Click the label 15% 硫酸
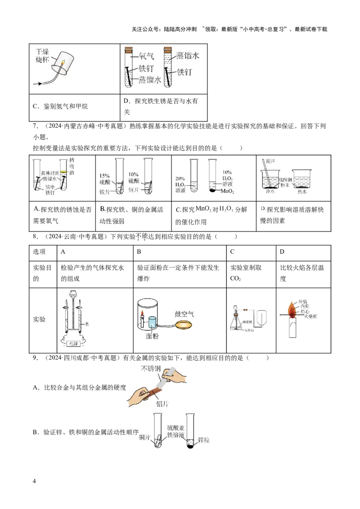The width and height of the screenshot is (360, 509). pos(104,179)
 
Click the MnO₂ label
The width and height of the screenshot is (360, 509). pos(228,191)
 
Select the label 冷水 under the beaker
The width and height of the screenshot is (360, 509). pos(270,192)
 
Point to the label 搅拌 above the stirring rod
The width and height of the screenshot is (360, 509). pos(270,161)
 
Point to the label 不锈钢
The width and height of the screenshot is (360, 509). pos(151,369)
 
